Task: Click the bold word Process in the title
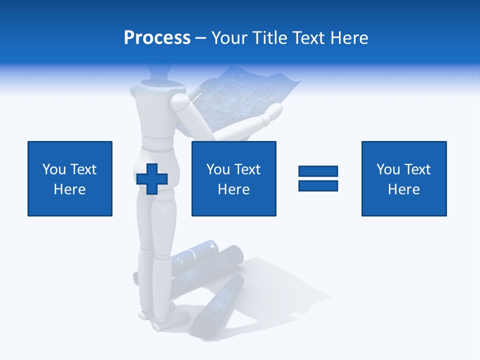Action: pyautogui.click(x=157, y=38)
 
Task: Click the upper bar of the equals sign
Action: pyautogui.click(x=318, y=171)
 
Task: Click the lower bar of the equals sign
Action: pyautogui.click(x=318, y=185)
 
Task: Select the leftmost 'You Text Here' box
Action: pyautogui.click(x=70, y=178)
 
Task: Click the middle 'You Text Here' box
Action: pyautogui.click(x=233, y=178)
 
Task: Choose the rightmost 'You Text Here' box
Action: pyautogui.click(x=404, y=178)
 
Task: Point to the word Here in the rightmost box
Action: pyautogui.click(x=404, y=189)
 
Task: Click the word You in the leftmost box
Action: pyautogui.click(x=53, y=169)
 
